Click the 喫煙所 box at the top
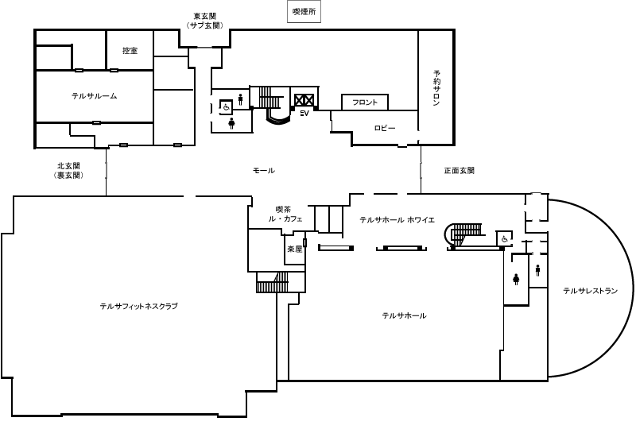point(303,11)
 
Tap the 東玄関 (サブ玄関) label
point(204,21)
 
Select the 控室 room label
point(130,51)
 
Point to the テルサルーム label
point(94,96)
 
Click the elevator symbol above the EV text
point(304,100)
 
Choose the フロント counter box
point(365,102)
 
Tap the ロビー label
point(385,128)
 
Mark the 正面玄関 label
point(459,171)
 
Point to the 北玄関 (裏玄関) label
point(70,171)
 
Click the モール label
point(263,171)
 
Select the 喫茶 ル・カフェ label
point(285,214)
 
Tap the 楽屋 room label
point(294,249)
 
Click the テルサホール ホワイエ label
point(397,219)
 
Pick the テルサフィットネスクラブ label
point(138,306)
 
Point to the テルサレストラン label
point(590,291)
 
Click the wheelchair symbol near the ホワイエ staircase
point(504,238)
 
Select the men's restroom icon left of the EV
point(240,99)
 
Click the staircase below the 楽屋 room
point(273,281)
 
